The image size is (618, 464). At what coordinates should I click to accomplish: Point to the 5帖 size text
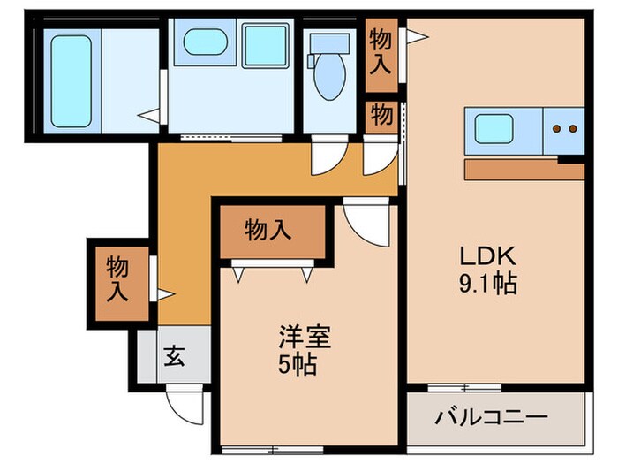[296, 361]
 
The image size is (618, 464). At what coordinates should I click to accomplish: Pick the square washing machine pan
[268, 45]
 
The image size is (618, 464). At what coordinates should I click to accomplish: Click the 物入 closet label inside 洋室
[268, 232]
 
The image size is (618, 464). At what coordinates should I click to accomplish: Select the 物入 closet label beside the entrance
[117, 278]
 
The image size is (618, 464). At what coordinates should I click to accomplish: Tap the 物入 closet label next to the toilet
[381, 51]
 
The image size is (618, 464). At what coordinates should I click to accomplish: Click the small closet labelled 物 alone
[381, 116]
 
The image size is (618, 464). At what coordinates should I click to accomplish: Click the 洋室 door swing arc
[364, 221]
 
